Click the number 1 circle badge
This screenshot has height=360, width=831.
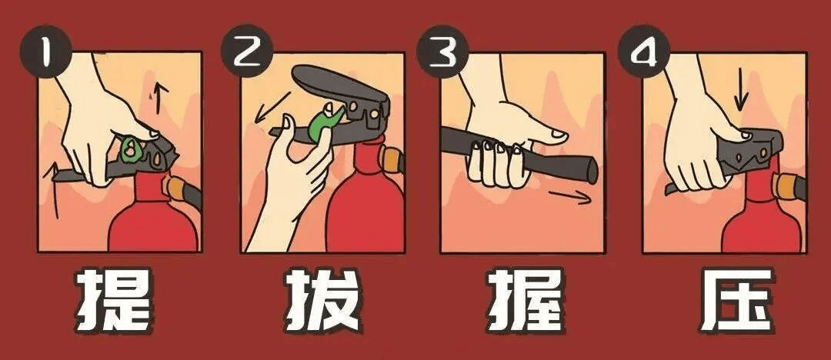click(48, 55)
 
